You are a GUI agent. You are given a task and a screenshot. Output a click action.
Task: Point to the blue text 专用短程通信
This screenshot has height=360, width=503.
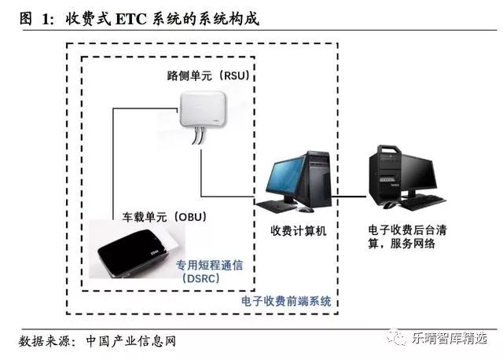click(x=209, y=265)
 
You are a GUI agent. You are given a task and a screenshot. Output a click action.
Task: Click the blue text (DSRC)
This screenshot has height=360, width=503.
click(x=203, y=278)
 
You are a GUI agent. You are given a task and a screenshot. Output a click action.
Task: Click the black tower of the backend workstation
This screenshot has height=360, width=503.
click(x=387, y=174)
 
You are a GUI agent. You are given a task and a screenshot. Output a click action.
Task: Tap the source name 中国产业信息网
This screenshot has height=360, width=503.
click(x=128, y=340)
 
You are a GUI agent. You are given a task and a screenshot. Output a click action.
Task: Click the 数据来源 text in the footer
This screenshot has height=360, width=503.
click(x=46, y=340)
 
